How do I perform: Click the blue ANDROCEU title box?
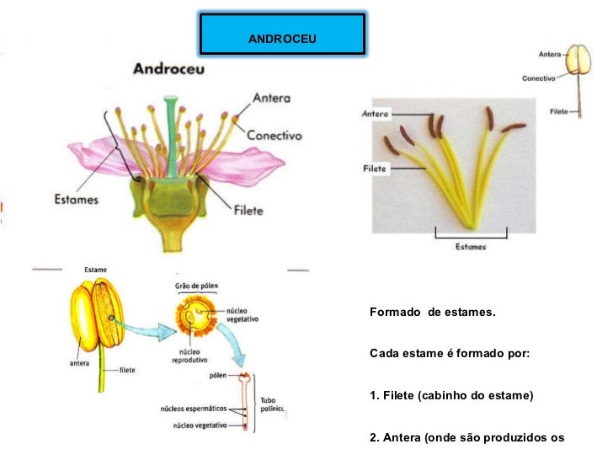coord(282,35)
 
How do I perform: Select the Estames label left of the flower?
coord(77,201)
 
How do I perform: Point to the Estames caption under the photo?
coord(470,247)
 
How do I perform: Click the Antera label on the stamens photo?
coord(375,114)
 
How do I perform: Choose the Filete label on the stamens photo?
coord(374,168)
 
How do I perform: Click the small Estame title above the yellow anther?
coord(95,269)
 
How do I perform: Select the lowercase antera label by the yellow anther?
coord(81,363)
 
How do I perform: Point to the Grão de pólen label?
coord(195,286)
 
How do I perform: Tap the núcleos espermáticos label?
coord(193,409)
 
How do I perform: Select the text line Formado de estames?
coord(433,313)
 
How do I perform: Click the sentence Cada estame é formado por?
coord(450,353)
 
